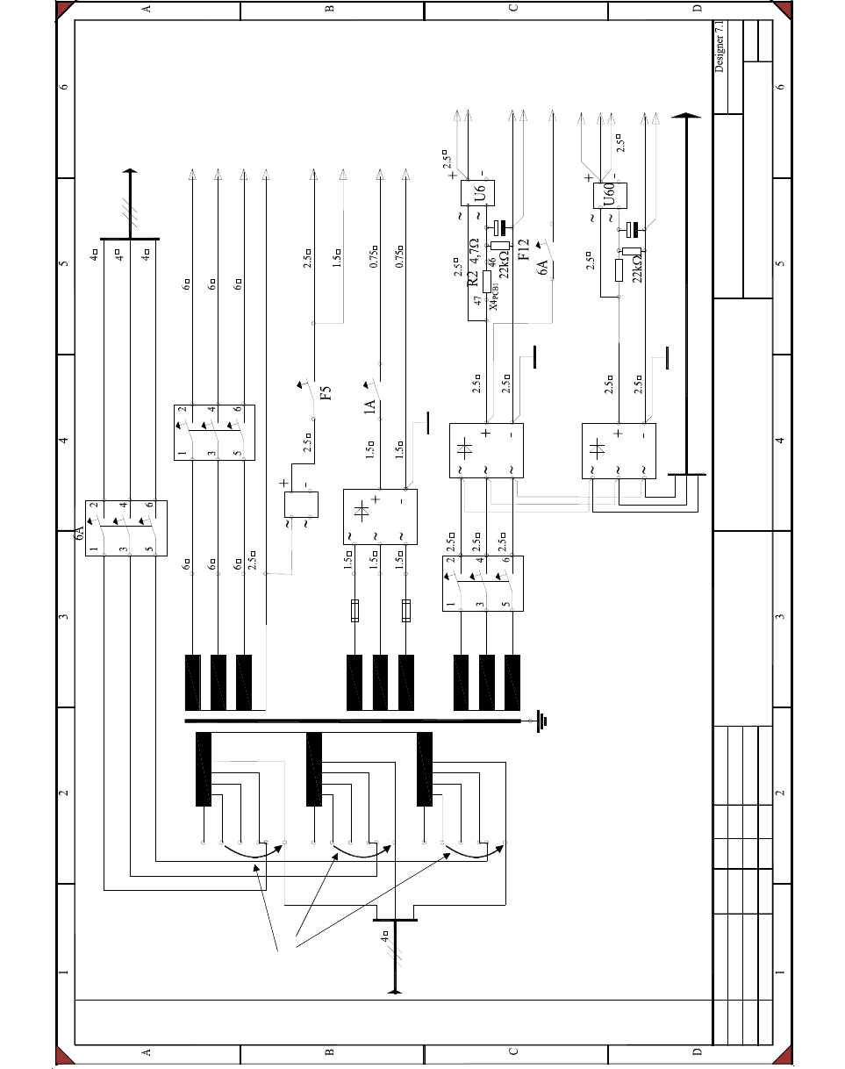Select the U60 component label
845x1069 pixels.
609,194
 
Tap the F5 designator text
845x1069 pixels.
326,392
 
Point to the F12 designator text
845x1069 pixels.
524,250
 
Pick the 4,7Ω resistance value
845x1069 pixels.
474,252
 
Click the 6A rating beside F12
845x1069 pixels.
544,267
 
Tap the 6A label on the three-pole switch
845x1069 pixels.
80,534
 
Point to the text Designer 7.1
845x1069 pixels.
720,48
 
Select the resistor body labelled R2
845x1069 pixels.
487,281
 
